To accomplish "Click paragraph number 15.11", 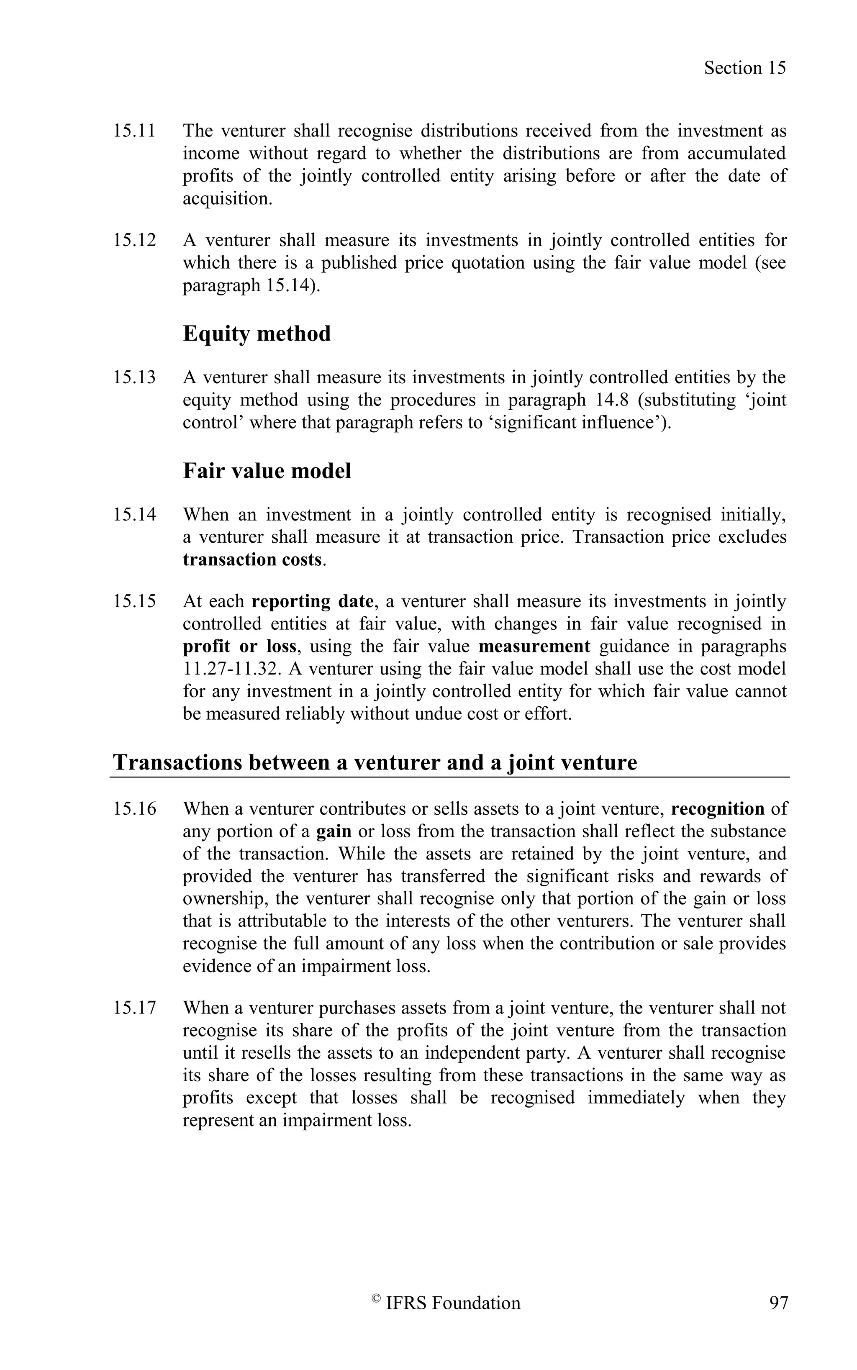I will pyautogui.click(x=134, y=131).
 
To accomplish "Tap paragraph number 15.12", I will pyautogui.click(x=134, y=240).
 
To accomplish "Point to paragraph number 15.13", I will pyautogui.click(x=134, y=377).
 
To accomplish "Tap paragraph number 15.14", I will pyautogui.click(x=134, y=515).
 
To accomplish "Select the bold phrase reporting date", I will pyautogui.click(x=312, y=601).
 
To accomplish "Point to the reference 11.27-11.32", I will pyautogui.click(x=232, y=669).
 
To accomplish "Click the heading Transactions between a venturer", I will pyautogui.click(x=375, y=762).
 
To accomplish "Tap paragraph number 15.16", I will pyautogui.click(x=134, y=809).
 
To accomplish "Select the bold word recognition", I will pyautogui.click(x=717, y=809).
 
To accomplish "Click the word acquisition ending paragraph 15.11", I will pyautogui.click(x=227, y=199).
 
